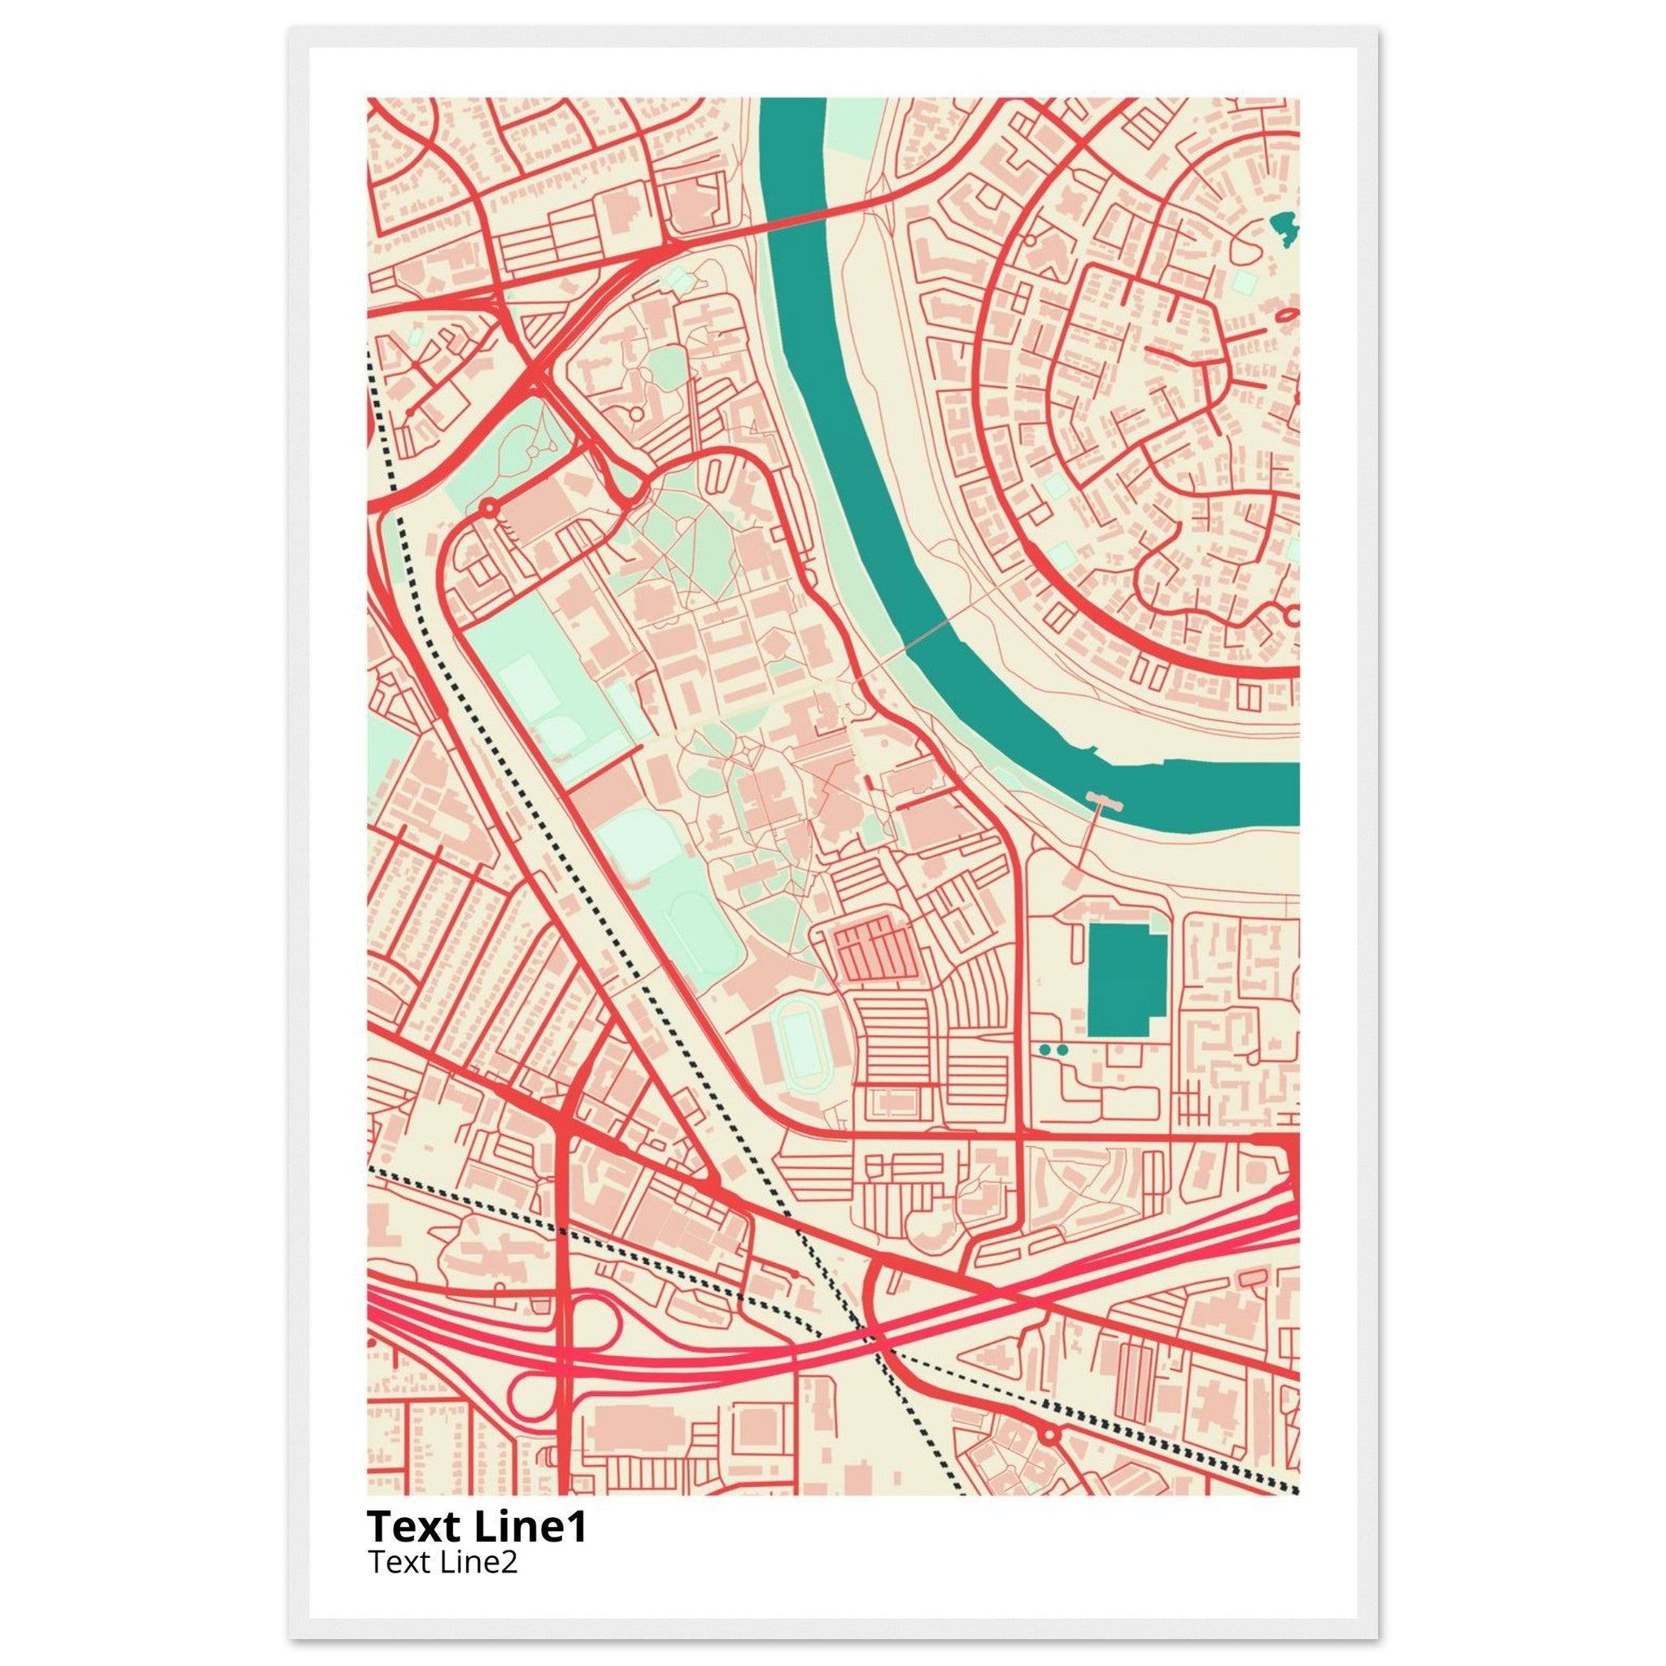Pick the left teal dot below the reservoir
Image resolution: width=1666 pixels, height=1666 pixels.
pos(1046,1049)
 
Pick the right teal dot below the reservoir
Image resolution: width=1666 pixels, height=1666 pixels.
pos(1062,1049)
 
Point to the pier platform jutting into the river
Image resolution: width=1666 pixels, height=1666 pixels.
pos(1106,805)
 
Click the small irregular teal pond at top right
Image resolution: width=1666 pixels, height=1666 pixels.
pos(1284,229)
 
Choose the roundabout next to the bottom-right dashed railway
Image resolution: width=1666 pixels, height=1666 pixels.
pos(1049,1435)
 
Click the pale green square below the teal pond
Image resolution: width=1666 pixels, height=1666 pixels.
pos(1245,281)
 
